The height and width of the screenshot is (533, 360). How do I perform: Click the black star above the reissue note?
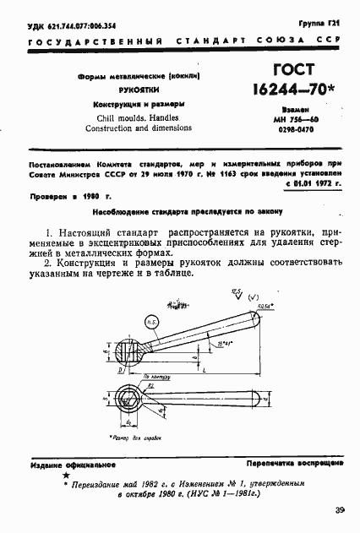66,476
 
